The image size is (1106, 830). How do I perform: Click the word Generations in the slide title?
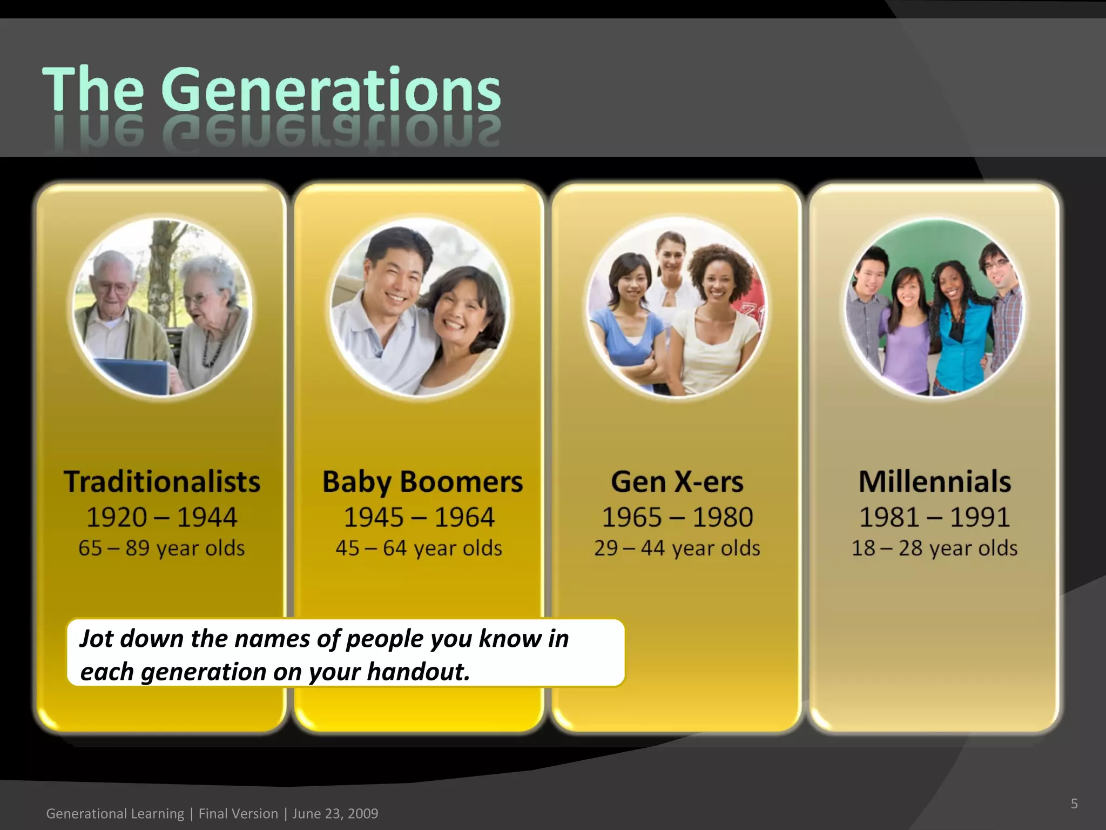(x=331, y=89)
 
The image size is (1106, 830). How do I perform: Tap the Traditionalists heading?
(x=162, y=481)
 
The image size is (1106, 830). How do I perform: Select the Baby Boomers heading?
(x=422, y=481)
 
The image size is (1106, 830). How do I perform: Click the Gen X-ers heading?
(x=677, y=481)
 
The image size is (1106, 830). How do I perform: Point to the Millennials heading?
(x=935, y=481)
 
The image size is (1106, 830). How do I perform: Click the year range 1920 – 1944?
(x=162, y=517)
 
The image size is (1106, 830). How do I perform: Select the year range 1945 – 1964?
(x=419, y=517)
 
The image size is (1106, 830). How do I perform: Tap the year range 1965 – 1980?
(x=677, y=517)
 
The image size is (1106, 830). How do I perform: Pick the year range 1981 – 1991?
(x=934, y=517)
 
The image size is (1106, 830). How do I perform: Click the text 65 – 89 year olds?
(x=161, y=548)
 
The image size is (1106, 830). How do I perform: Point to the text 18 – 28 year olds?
(x=934, y=548)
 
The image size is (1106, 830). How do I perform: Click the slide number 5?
(x=1074, y=804)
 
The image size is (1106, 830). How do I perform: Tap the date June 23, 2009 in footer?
(x=335, y=813)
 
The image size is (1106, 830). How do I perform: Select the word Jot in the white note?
(x=97, y=638)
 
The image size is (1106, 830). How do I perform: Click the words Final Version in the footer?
(x=238, y=813)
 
